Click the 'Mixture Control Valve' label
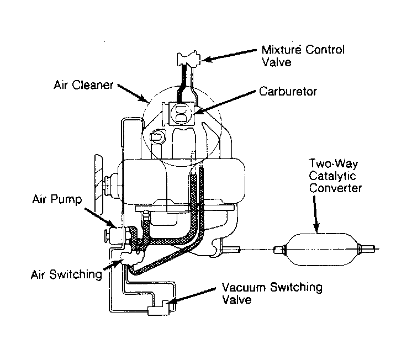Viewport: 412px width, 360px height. [302, 56]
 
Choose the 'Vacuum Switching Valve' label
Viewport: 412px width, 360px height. [272, 294]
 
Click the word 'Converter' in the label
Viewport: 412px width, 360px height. [335, 188]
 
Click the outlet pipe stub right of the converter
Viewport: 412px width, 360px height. [367, 250]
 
